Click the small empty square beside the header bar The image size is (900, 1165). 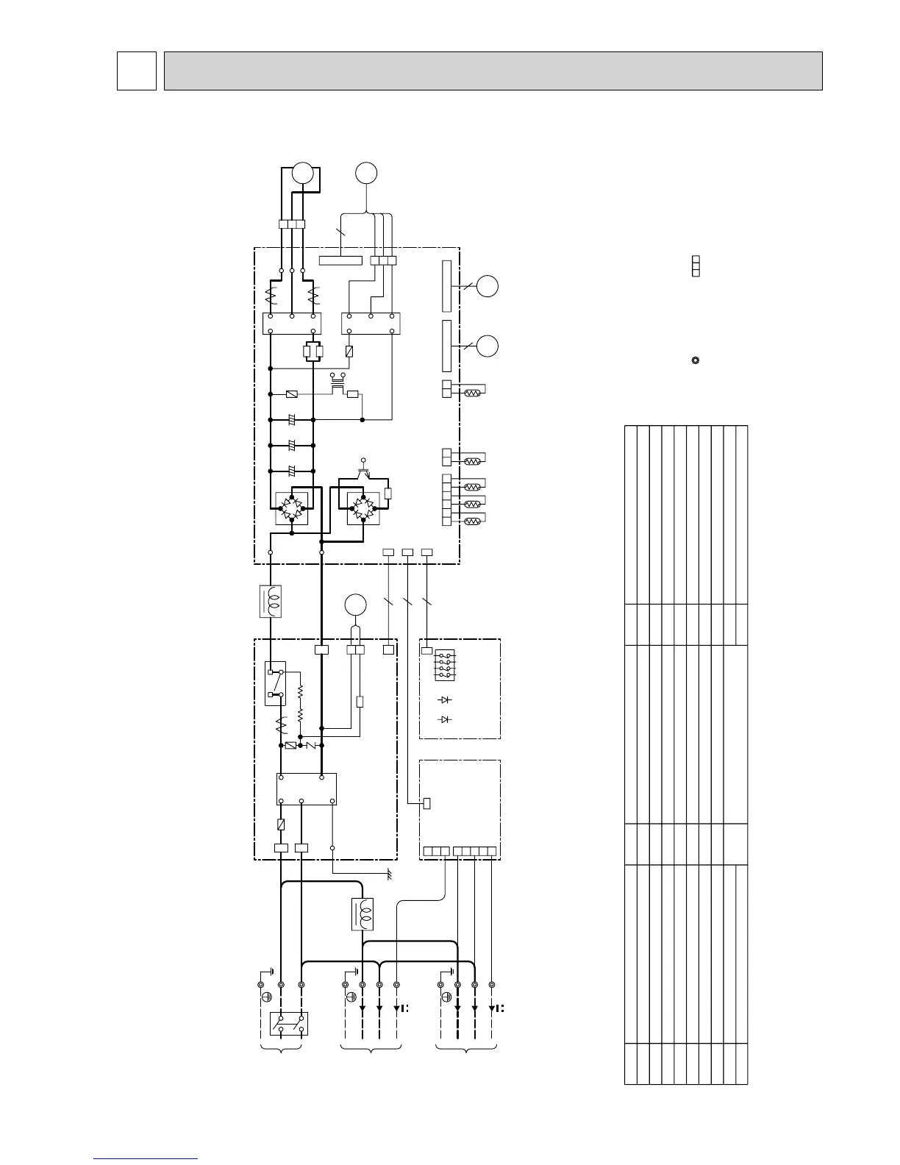point(137,71)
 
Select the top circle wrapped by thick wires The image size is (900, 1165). point(303,173)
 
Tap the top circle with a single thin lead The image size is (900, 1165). point(366,173)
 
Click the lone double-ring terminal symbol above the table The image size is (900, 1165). point(696,360)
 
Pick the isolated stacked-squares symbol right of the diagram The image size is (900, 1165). point(696,266)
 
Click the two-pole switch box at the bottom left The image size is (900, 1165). point(289,1023)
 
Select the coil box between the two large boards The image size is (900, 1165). point(271,601)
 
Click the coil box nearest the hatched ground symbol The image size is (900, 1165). point(363,913)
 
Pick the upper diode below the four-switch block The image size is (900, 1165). point(444,699)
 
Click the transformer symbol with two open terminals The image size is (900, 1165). point(338,381)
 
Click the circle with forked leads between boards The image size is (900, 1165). point(356,605)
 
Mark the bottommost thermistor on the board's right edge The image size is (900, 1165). point(471,521)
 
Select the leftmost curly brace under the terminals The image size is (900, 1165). point(282,1048)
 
